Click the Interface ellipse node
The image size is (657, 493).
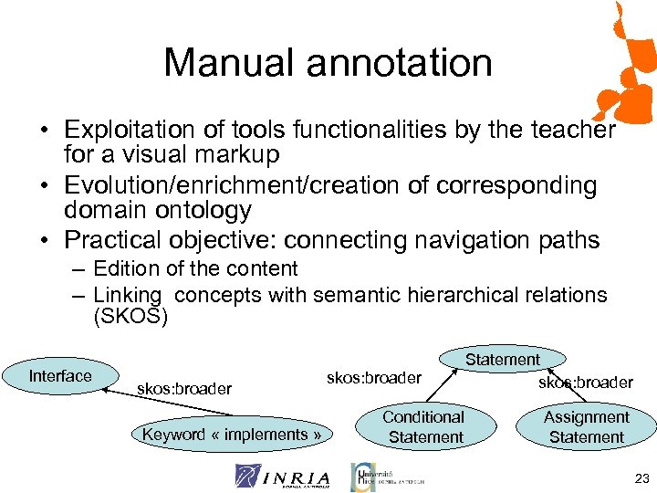[x=60, y=376]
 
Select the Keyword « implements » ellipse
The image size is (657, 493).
[x=232, y=435]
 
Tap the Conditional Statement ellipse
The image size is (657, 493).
[x=424, y=426]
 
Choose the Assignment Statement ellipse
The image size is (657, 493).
[x=586, y=426]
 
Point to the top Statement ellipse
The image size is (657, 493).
[x=503, y=360]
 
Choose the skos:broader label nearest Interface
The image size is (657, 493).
[x=183, y=389]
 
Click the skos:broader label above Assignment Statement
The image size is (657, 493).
[x=585, y=383]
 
